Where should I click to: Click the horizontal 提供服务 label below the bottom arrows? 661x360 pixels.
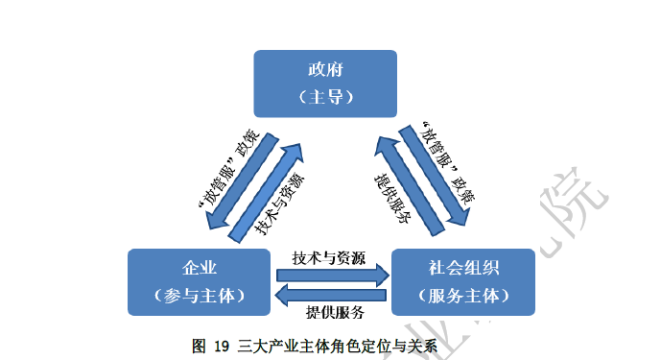[x=335, y=313]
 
